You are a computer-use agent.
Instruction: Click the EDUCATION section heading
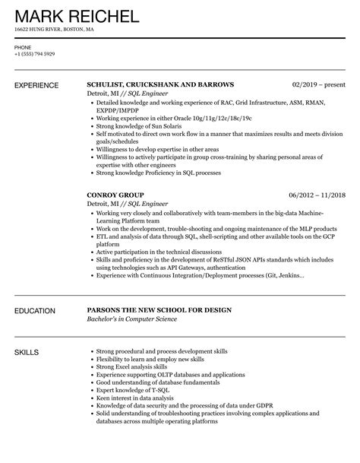35,290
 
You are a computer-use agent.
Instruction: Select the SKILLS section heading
27,331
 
